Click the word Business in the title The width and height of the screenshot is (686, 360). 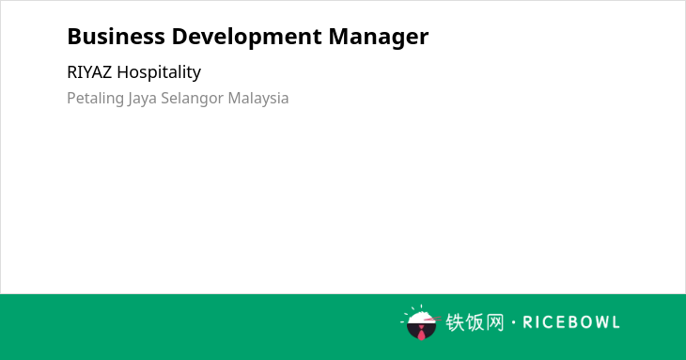tap(116, 37)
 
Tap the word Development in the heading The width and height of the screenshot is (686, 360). tap(247, 38)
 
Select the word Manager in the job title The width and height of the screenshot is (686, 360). tap(379, 38)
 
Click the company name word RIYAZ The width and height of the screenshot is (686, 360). tap(89, 72)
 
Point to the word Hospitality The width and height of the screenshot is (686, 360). tap(159, 72)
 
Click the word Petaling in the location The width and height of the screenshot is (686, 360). tap(95, 99)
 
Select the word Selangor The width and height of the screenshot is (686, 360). tap(192, 99)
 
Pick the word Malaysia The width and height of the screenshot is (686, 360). tap(258, 99)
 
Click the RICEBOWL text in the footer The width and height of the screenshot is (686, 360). tap(571, 322)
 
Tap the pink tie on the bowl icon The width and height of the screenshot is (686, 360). tap(421, 333)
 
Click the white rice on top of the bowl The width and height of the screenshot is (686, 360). tap(421, 318)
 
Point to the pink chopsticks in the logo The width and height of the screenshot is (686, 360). tap(432, 320)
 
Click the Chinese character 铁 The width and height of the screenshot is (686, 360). tap(455, 322)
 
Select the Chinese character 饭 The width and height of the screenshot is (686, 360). tap(475, 322)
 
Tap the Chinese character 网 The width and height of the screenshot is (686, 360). tap(495, 322)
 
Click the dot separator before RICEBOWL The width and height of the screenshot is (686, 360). tap(513, 322)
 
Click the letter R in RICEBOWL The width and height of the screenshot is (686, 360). tap(527, 322)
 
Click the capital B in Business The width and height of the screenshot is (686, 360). tap(73, 37)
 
